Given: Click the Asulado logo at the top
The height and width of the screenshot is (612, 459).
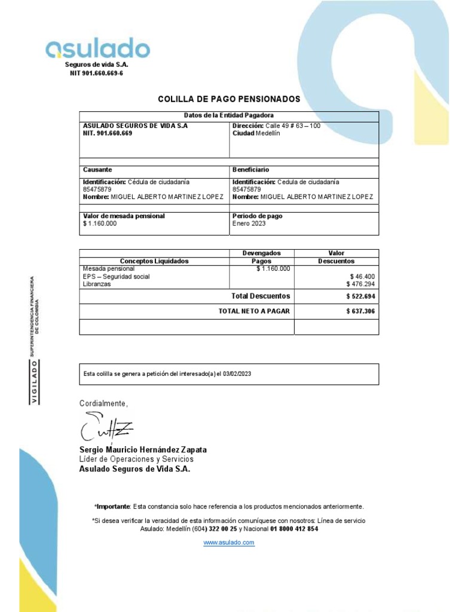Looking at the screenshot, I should tap(98, 48).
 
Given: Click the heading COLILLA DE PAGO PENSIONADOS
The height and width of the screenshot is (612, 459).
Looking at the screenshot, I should tap(229, 99).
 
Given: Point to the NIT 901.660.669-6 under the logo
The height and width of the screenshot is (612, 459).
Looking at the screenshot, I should tap(97, 73).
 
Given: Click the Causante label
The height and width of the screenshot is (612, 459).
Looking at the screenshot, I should tap(97, 170).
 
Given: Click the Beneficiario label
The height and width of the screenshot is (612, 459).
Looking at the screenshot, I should tap(250, 170).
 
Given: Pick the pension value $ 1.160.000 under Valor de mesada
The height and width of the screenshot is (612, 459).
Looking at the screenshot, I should tap(100, 224).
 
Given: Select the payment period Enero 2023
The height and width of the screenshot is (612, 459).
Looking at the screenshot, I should tap(249, 224).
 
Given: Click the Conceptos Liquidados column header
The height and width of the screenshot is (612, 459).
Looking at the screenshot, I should tap(154, 261).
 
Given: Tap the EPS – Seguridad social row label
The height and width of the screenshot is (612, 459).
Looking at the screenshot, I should tap(117, 277).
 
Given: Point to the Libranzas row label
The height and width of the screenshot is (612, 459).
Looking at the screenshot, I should tap(97, 284).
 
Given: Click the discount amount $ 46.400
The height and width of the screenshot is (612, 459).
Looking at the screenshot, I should tap(362, 277).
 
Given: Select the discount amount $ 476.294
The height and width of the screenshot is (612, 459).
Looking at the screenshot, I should tap(360, 284).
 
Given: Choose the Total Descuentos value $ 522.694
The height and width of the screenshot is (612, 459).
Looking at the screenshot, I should tap(360, 296).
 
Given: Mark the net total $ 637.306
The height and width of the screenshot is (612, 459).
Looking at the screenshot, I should tap(360, 311).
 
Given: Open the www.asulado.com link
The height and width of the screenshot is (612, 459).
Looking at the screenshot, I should tap(229, 542).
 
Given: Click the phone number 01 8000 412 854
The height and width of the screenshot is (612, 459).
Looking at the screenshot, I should tap(294, 529).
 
